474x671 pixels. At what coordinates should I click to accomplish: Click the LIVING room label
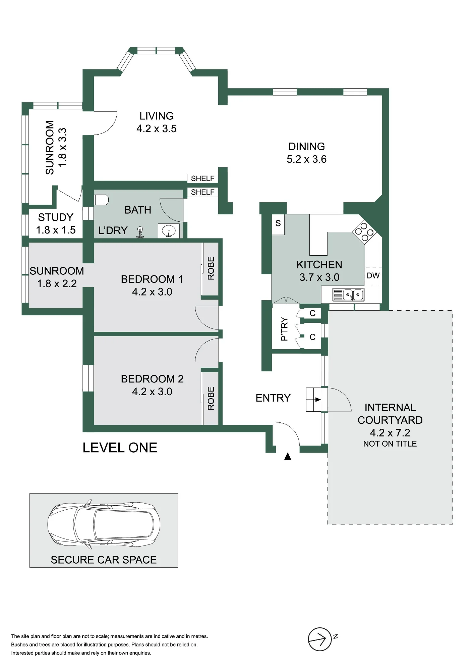[157, 116]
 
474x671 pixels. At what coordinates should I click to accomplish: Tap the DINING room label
[306, 147]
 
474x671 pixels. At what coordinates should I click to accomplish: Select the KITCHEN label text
[319, 265]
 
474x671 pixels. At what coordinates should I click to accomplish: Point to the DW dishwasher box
[373, 276]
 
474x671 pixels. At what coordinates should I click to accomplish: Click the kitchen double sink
[348, 295]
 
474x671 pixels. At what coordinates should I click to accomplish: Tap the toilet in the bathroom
[101, 200]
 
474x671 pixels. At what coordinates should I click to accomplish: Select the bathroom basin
[168, 231]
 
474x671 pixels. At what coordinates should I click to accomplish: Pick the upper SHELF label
[202, 178]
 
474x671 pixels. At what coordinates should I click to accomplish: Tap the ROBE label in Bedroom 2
[211, 398]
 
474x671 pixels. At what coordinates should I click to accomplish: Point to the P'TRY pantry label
[284, 329]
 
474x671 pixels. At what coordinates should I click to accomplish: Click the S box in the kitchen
[278, 224]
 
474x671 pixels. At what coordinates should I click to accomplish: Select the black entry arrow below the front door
[288, 456]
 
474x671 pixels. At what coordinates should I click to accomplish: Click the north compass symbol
[320, 639]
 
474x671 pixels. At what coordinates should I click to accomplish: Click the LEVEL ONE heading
[120, 448]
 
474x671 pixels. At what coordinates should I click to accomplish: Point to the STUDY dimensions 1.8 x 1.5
[56, 230]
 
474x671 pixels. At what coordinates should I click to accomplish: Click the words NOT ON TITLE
[390, 444]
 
